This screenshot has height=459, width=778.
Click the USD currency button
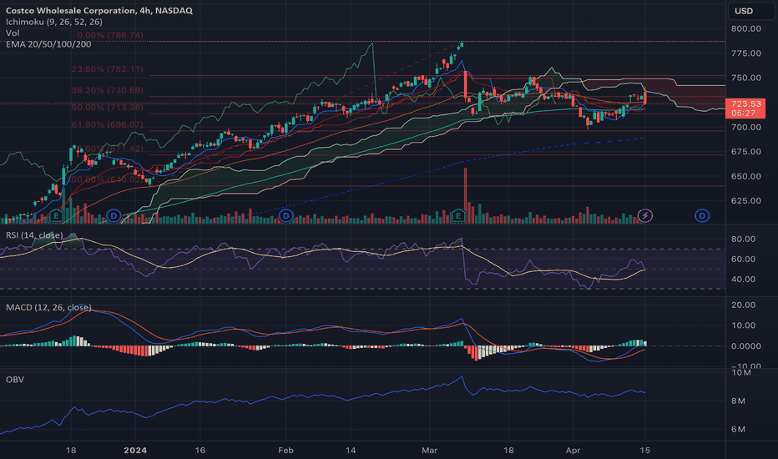[743, 11]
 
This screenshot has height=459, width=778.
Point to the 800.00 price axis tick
[745, 28]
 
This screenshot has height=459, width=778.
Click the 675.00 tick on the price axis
[745, 151]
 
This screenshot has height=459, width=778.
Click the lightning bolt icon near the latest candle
[645, 215]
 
